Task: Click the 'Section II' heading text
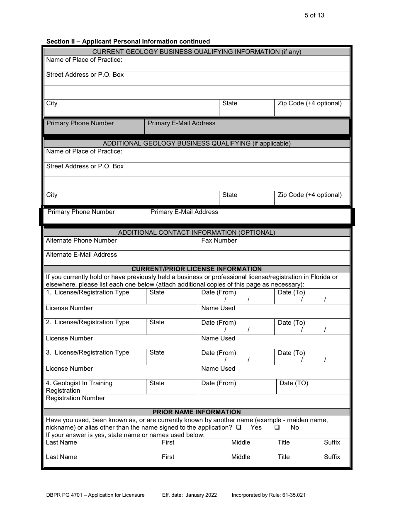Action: [x=128, y=41]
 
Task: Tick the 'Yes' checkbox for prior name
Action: [x=239, y=427]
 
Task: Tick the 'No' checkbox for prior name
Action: [x=277, y=427]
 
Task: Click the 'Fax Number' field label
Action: [x=219, y=240]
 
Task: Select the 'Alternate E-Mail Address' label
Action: [x=81, y=255]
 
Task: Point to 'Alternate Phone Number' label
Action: [x=81, y=240]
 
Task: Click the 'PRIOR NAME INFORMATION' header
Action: [x=197, y=412]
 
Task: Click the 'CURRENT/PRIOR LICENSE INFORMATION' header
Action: [x=197, y=269]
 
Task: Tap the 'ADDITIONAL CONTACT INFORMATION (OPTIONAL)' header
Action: [x=197, y=233]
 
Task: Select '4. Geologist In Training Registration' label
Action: [x=79, y=387]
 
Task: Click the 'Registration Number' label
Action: [x=75, y=398]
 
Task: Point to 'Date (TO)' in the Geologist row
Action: [x=294, y=383]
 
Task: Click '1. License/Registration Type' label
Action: [x=88, y=292]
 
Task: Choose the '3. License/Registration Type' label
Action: [x=88, y=352]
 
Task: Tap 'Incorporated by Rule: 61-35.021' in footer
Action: [x=269, y=495]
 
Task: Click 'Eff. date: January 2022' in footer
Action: [x=187, y=495]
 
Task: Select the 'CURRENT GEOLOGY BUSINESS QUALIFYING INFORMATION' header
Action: [x=197, y=52]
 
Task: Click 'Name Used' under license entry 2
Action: [x=218, y=338]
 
